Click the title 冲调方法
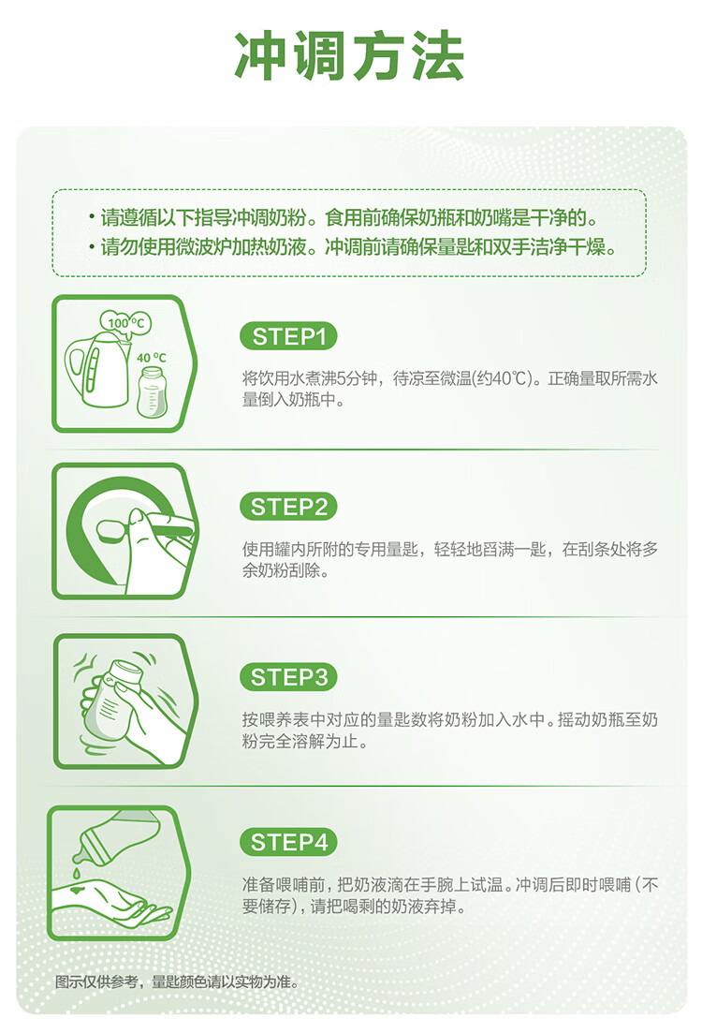[350, 56]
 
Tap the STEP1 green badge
[288, 336]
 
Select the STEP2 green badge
[288, 507]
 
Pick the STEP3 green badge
[288, 676]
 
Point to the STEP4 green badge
[288, 842]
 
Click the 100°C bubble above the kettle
[125, 323]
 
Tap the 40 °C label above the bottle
[152, 358]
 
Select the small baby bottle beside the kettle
[153, 392]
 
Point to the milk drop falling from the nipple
[77, 873]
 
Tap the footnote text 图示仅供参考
[96, 981]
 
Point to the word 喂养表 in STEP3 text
[284, 719]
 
